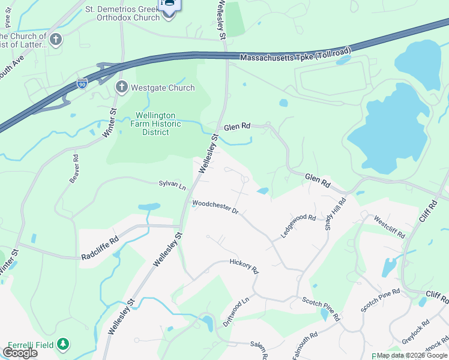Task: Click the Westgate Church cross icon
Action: (121, 88)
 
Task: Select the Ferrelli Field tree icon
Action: (63, 344)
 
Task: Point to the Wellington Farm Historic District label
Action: (155, 124)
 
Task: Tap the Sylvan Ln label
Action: (172, 184)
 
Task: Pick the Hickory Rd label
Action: (244, 266)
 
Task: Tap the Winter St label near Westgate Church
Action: (109, 122)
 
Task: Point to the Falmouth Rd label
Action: (306, 346)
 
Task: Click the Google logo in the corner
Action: (20, 352)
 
